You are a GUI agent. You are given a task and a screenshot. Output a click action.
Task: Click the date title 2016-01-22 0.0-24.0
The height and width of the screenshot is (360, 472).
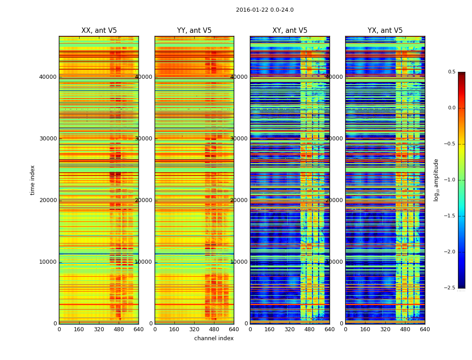pos(265,10)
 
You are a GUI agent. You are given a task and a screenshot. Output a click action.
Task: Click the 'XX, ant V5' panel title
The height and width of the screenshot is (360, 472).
pos(99,31)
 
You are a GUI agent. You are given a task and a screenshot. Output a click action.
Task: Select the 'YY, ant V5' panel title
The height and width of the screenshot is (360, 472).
pos(194,31)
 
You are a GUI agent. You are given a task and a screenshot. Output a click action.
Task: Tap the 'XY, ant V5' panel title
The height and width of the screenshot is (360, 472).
pos(290,31)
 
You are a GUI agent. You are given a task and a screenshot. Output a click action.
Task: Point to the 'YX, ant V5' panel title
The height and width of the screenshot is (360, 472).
pos(385,31)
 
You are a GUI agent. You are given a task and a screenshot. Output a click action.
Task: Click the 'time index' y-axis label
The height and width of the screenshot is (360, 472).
pos(32,180)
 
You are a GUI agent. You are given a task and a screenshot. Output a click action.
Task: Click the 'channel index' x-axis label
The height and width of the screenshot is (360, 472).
pos(214,338)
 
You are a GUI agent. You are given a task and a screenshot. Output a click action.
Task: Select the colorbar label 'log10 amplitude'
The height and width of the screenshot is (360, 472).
pos(436,180)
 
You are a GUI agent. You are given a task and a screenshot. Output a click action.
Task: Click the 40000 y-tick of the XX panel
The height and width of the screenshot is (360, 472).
pos(48,77)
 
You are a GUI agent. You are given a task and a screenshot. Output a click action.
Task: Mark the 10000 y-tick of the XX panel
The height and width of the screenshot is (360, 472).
pos(48,262)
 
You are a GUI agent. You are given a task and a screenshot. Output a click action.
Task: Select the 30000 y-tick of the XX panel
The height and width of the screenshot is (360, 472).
pos(48,139)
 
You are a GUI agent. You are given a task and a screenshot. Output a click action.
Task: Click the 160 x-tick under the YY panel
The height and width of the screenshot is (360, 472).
pos(174,329)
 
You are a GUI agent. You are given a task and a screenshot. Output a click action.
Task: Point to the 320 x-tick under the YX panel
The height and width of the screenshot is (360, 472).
pos(385,329)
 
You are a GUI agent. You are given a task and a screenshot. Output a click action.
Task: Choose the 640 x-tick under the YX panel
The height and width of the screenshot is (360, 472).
pos(425,329)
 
